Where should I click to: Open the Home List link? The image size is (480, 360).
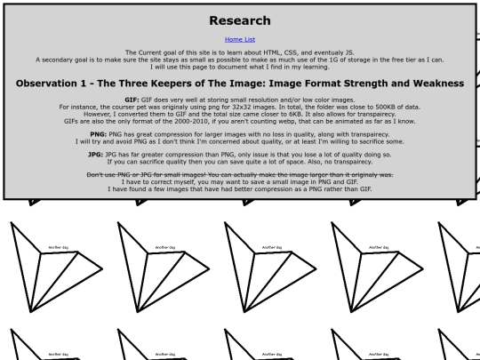click(238, 39)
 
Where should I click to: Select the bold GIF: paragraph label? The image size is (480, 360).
click(132, 100)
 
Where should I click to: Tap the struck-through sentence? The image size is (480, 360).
click(238, 174)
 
